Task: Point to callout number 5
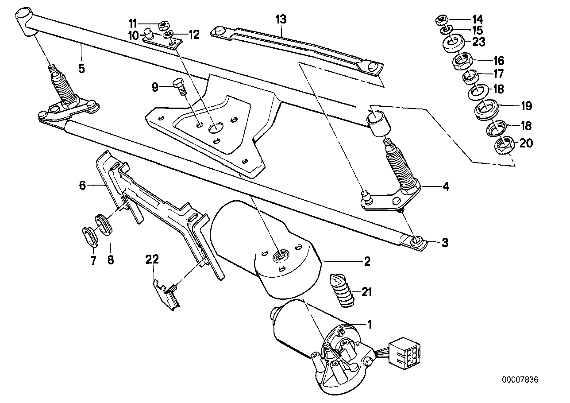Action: click(81, 69)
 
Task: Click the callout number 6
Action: click(82, 186)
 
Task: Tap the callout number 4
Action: click(445, 187)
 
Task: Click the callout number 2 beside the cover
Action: click(366, 261)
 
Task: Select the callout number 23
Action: click(478, 42)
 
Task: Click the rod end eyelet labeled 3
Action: click(416, 241)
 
